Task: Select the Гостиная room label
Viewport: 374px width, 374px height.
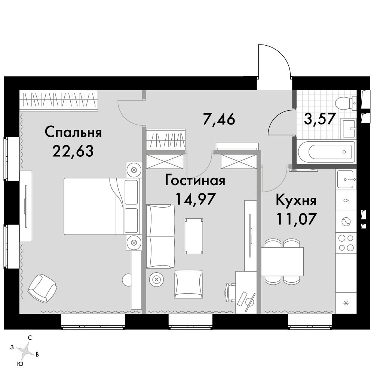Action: click(195, 181)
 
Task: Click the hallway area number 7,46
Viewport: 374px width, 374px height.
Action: click(219, 119)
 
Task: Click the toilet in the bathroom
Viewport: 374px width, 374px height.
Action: click(344, 102)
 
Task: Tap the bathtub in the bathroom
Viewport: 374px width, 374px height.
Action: click(325, 151)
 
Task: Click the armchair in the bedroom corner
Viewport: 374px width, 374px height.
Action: click(43, 288)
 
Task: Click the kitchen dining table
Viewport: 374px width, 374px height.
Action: click(282, 261)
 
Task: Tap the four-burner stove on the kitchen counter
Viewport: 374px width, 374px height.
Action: click(346, 242)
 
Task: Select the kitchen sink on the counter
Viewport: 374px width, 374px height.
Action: click(346, 179)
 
